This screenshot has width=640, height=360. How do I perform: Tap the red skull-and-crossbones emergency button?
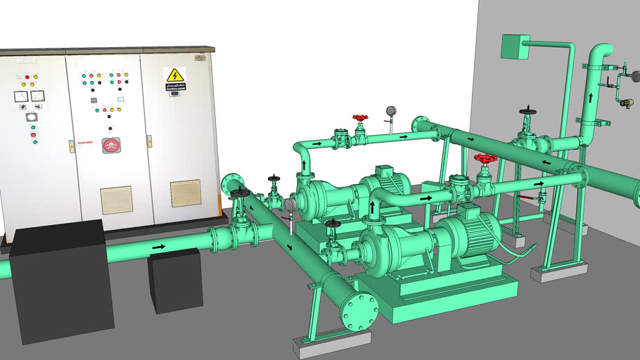110,146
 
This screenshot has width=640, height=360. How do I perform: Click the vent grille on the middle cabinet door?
116,200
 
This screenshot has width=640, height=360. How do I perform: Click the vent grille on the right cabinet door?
186,193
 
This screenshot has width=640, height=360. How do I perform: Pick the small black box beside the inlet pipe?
176,279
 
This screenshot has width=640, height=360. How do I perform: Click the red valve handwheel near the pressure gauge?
361,119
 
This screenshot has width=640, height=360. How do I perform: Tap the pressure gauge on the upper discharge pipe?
391,110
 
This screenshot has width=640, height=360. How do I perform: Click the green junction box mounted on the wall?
515,46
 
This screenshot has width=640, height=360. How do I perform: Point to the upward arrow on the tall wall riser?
590,98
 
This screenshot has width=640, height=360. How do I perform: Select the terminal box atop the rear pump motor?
385,171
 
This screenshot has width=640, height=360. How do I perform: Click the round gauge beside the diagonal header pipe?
290,205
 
